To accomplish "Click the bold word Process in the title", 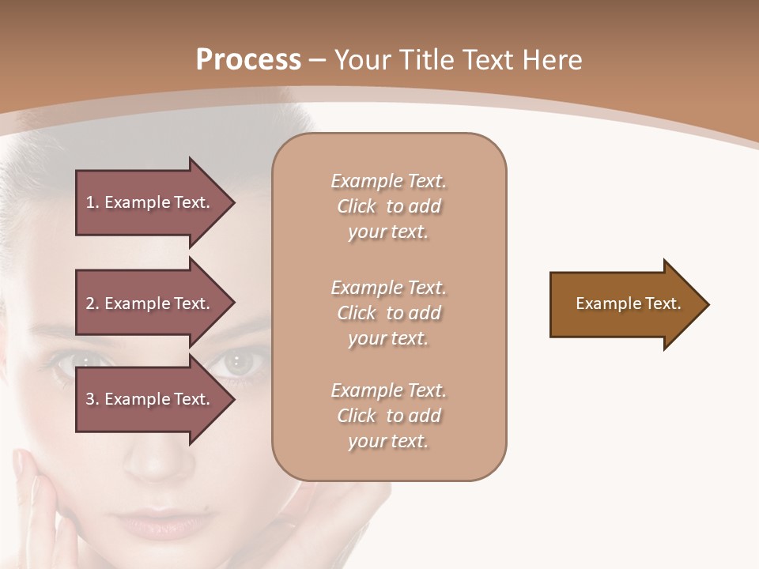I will pyautogui.click(x=248, y=60).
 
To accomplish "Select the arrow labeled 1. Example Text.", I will pyautogui.click(x=150, y=202).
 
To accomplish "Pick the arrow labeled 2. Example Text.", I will pyautogui.click(x=150, y=303).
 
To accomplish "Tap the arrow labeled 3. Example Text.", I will pyautogui.click(x=150, y=399).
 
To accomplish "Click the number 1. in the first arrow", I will pyautogui.click(x=93, y=202).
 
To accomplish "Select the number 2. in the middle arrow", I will pyautogui.click(x=93, y=303).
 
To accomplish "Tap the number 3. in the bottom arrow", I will pyautogui.click(x=93, y=399).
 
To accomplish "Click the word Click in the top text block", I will pyautogui.click(x=357, y=207).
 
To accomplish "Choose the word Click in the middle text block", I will pyautogui.click(x=357, y=314).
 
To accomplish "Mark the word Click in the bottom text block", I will pyautogui.click(x=357, y=416).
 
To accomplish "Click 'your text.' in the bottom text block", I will pyautogui.click(x=388, y=442).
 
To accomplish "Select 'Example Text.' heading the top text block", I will pyautogui.click(x=388, y=182).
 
